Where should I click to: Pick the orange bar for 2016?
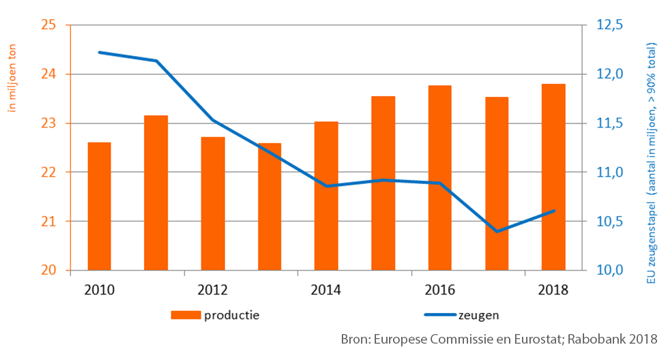coord(440,177)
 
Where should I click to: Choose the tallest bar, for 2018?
coord(553,177)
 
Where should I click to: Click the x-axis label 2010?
coord(100,290)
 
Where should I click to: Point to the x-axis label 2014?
coord(326,290)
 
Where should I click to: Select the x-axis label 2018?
coord(553,290)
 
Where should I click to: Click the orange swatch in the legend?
coord(186,315)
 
